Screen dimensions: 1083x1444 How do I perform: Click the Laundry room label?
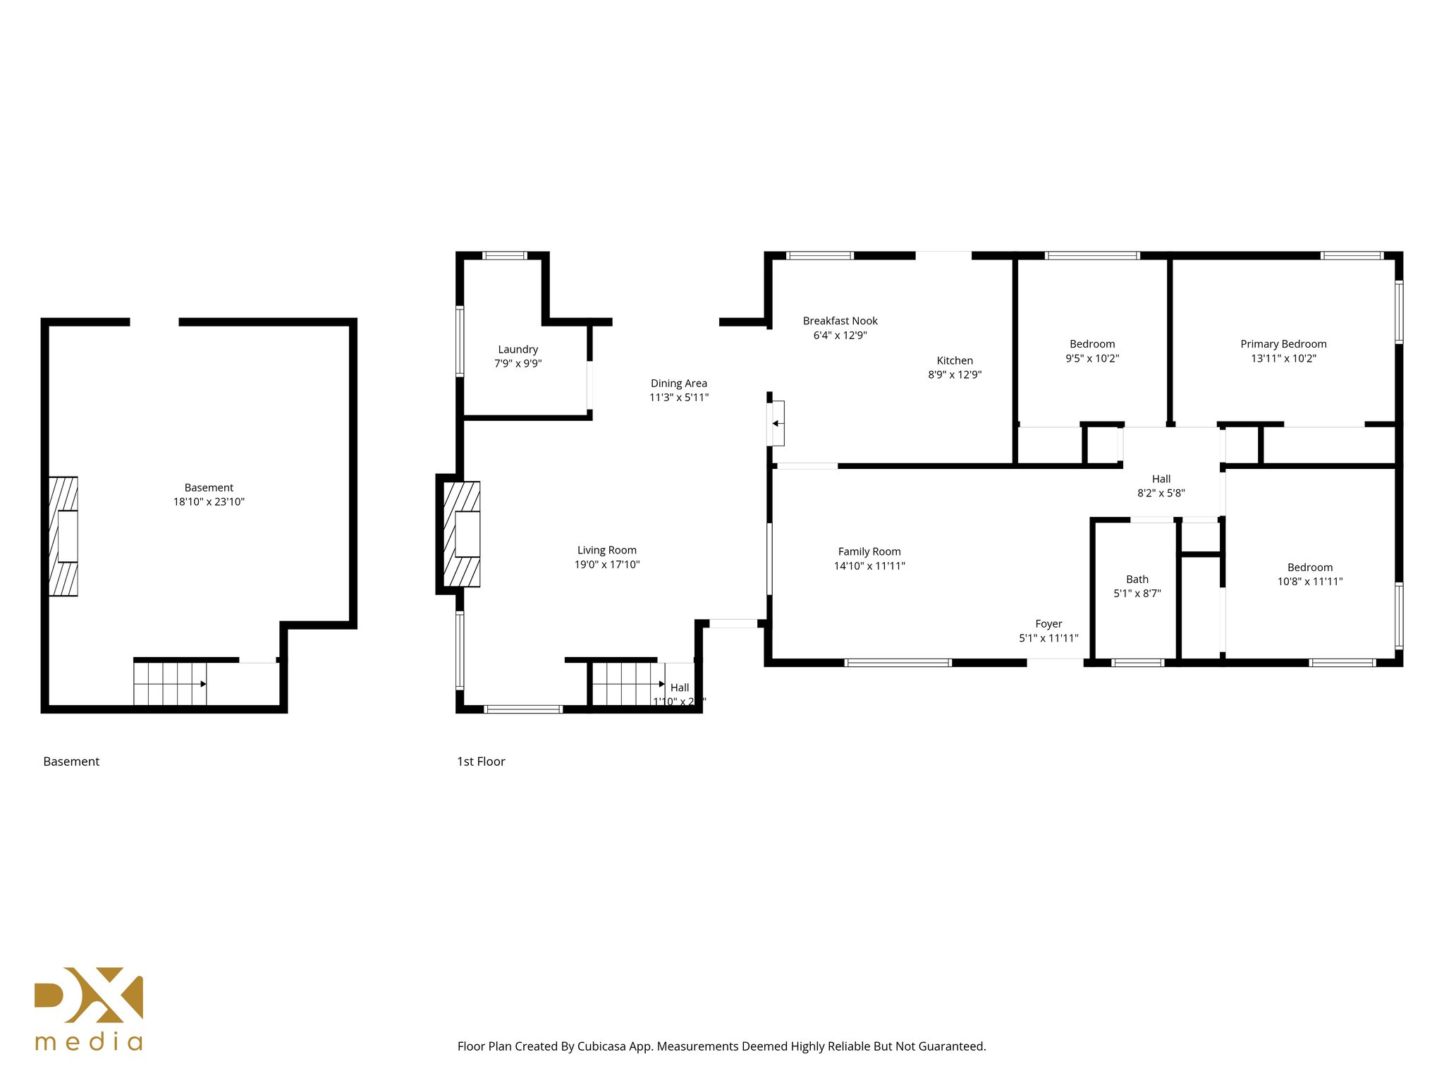pos(518,350)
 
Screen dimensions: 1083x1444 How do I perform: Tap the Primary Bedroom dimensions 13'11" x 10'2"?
pos(1283,358)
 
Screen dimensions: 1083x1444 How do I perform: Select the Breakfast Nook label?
pos(840,321)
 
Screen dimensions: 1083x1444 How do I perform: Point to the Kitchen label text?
pos(955,360)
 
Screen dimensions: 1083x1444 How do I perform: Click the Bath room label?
pos(1137,580)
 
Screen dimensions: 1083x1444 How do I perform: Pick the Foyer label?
pos(1048,624)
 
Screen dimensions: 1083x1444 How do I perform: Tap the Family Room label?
pos(869,552)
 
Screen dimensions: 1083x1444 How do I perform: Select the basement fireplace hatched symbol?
pos(63,537)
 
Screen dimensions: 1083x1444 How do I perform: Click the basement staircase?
pos(170,683)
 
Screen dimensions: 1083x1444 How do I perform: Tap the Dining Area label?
pos(678,384)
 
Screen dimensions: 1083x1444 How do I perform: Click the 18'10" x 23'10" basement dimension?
pos(209,502)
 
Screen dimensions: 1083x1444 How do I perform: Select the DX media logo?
pos(89,1008)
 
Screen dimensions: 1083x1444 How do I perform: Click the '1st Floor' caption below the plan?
pos(481,761)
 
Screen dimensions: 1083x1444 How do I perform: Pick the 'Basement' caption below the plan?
pos(71,761)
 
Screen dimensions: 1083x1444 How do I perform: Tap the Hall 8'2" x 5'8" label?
pos(1161,487)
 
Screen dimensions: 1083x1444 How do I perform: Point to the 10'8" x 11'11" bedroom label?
pos(1309,582)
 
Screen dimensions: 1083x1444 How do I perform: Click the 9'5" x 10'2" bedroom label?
pos(1091,358)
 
